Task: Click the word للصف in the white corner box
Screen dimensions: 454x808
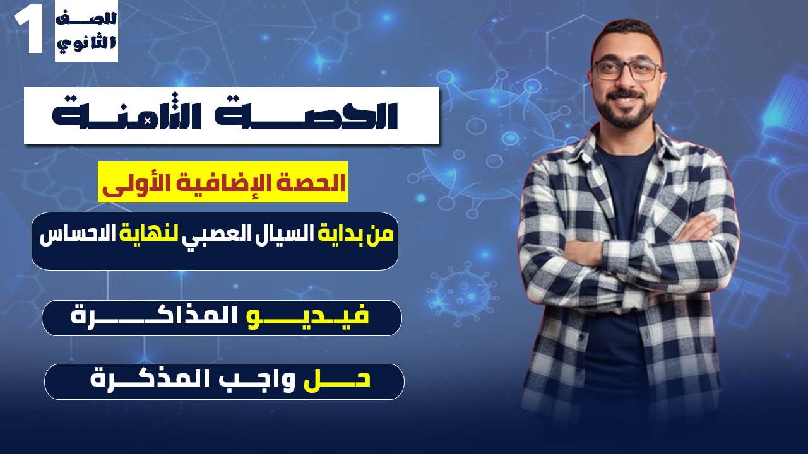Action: (86, 18)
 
